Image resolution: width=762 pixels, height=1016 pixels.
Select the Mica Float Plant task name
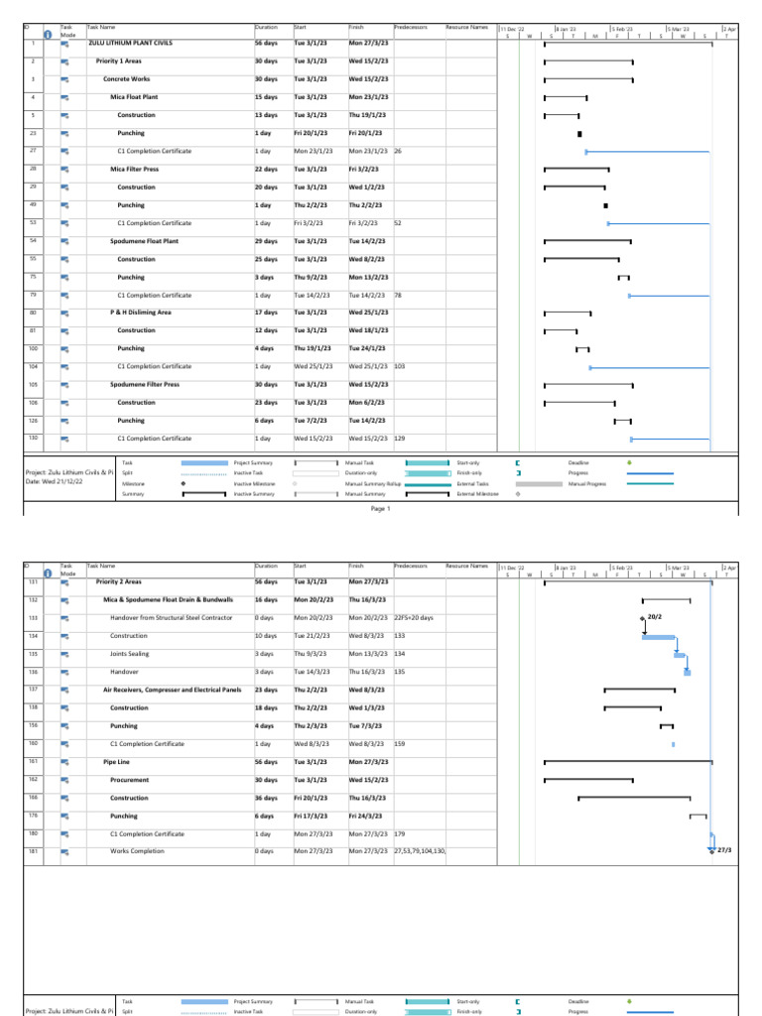pos(134,97)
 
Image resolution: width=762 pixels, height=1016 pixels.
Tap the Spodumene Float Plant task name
pos(145,241)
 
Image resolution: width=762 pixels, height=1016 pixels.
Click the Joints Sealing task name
pos(130,654)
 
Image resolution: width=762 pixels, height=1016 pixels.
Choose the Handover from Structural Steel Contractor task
pos(172,617)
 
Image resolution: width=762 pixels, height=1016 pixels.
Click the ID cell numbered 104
pos(33,367)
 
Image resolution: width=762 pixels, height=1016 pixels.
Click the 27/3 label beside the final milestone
pos(724,850)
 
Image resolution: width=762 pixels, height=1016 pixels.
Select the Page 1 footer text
pos(381,509)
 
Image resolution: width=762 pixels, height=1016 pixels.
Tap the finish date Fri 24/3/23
pos(366,816)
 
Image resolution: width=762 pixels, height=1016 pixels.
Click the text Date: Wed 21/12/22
pos(62,481)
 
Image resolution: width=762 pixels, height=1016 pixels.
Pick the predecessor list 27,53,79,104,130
pos(421,851)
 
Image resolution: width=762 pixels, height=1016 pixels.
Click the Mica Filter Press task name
pos(134,170)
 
